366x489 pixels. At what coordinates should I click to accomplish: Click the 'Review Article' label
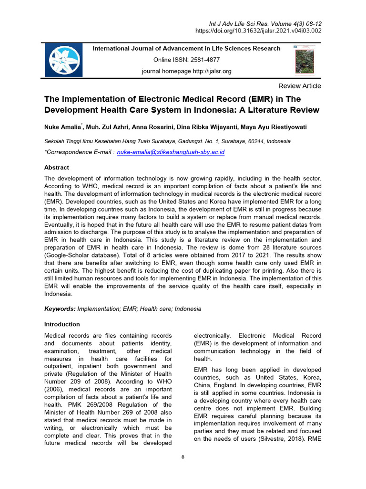coord(299,86)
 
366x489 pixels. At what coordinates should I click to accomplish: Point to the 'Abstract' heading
coord(57,168)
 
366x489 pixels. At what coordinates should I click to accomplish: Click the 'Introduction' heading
coord(62,324)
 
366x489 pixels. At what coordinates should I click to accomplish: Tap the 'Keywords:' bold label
coord(60,309)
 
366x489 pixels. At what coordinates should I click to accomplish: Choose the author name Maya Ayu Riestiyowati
coord(275,127)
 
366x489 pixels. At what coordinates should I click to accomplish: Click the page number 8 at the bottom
coord(183,457)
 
